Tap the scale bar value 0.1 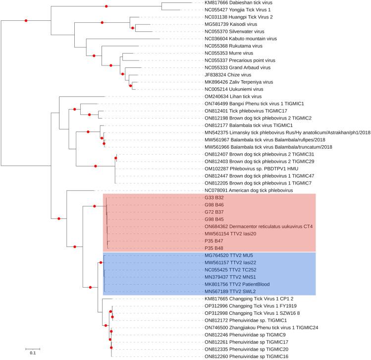[32, 353]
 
